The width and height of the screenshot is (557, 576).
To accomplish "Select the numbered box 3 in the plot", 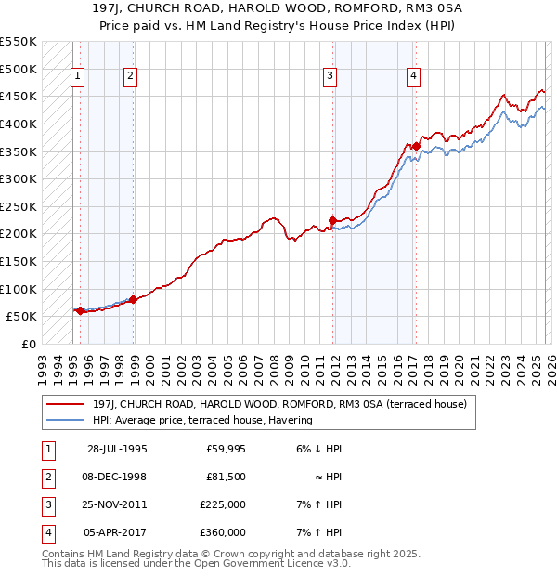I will point(330,76).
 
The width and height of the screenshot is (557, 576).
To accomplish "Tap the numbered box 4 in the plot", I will point(412,76).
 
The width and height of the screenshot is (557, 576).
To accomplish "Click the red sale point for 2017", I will point(416,146).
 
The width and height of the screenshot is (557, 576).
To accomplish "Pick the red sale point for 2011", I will point(333,220).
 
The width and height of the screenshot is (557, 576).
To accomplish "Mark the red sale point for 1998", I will point(134,299).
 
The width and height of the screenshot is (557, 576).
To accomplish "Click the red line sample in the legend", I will point(66,404).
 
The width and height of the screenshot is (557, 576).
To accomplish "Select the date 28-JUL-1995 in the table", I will point(117,448).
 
